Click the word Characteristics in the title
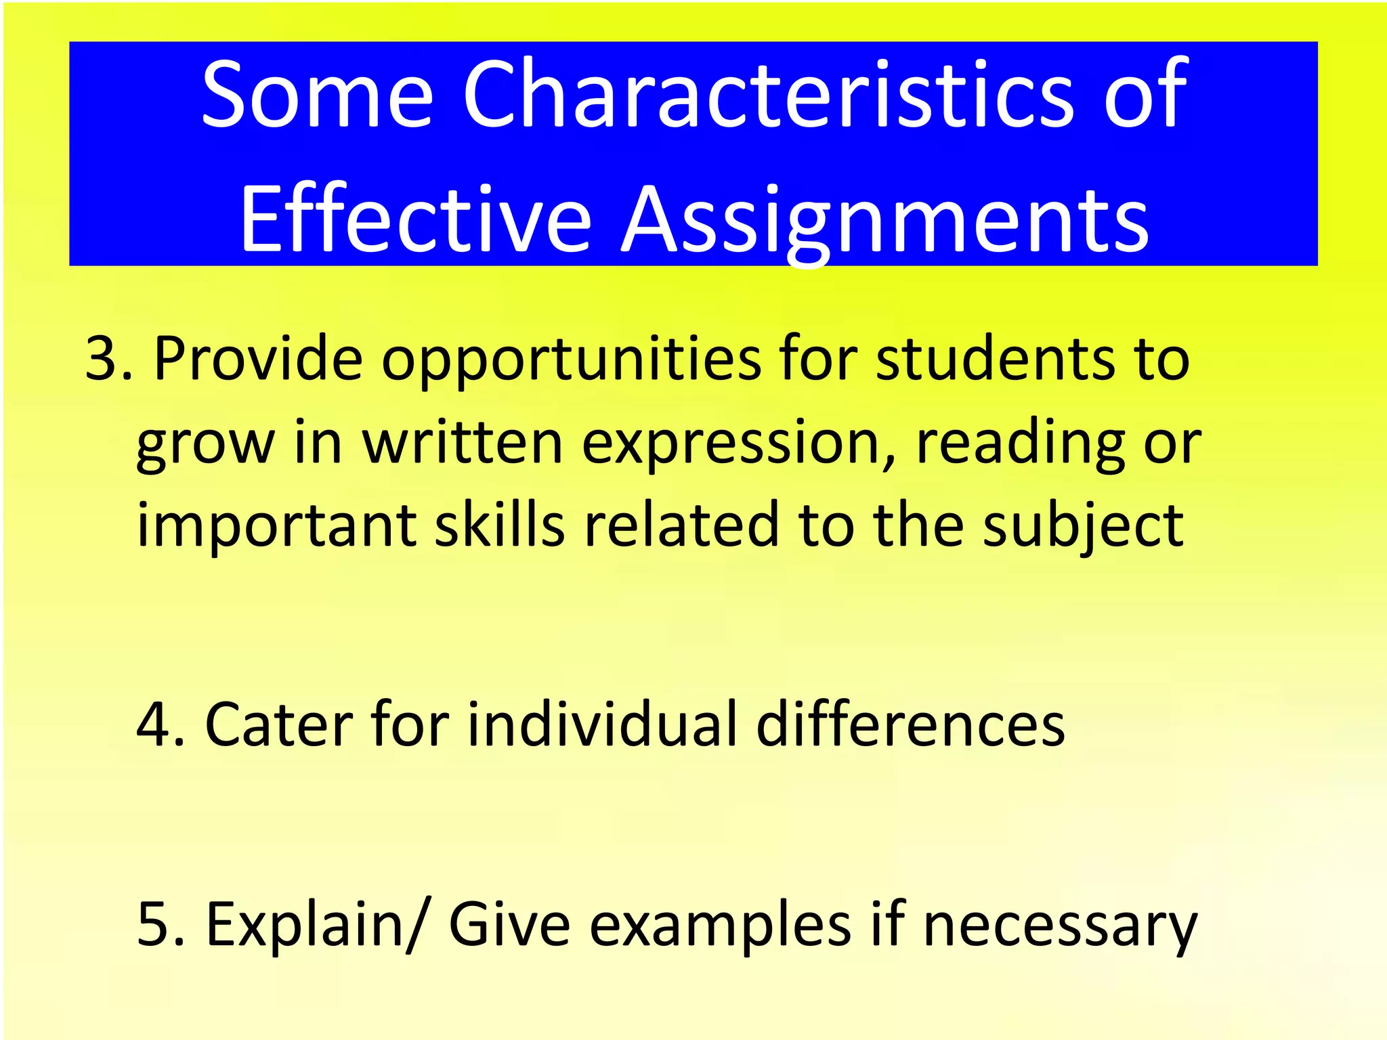pyautogui.click(x=769, y=95)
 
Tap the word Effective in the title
pyautogui.click(x=415, y=220)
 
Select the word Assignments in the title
pyautogui.click(x=885, y=220)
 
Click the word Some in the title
pyautogui.click(x=317, y=95)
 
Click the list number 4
pyautogui.click(x=157, y=725)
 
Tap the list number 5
pyautogui.click(x=157, y=924)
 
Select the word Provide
pyautogui.click(x=259, y=359)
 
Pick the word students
pyautogui.click(x=994, y=359)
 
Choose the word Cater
pyautogui.click(x=278, y=725)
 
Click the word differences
pyautogui.click(x=910, y=725)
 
